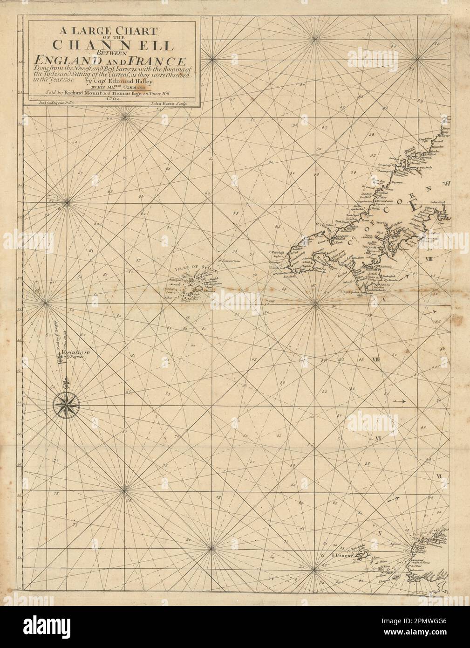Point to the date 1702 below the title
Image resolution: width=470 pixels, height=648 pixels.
[113, 98]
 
